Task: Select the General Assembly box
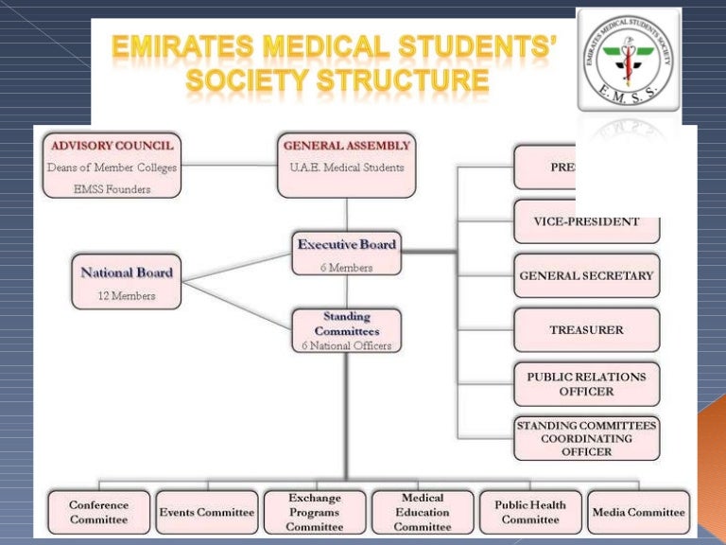pyautogui.click(x=347, y=167)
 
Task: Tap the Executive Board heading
pyautogui.click(x=347, y=244)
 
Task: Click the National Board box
pyautogui.click(x=127, y=279)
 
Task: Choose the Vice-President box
pyautogui.click(x=586, y=222)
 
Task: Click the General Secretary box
pyautogui.click(x=586, y=276)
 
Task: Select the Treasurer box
pyautogui.click(x=586, y=330)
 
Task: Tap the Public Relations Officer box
pyautogui.click(x=586, y=383)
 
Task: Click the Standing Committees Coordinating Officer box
pyautogui.click(x=586, y=438)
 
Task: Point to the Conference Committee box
pyautogui.click(x=98, y=512)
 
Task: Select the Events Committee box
pyautogui.click(x=206, y=512)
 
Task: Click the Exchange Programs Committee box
pyautogui.click(x=314, y=512)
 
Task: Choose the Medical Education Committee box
pyautogui.click(x=423, y=512)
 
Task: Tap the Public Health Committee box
pyautogui.click(x=530, y=512)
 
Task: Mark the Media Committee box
pyautogui.click(x=638, y=512)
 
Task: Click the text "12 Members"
pyautogui.click(x=127, y=295)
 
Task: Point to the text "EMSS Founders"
pyautogui.click(x=112, y=189)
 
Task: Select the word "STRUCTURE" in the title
pyautogui.click(x=417, y=83)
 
